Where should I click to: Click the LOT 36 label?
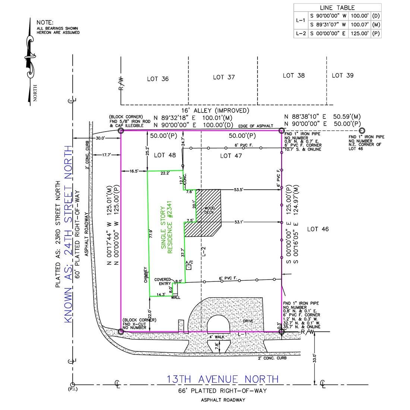158,79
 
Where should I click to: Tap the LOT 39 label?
343,75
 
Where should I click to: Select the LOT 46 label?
318,229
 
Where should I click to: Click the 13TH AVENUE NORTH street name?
223,379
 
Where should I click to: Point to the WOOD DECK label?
209,210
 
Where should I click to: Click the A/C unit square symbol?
189,267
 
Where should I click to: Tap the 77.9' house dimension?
151,233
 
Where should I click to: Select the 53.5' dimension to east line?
238,190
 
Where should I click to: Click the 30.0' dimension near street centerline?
100,138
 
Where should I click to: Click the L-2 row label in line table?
301,34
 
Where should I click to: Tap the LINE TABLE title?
337,7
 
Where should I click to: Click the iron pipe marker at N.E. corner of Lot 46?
362,130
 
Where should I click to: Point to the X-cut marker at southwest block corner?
120,332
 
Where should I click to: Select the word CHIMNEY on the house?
146,275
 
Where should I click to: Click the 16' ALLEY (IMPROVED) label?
215,110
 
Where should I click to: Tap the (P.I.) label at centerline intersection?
73,389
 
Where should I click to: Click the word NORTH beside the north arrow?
35,93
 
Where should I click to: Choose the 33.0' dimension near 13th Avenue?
315,358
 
